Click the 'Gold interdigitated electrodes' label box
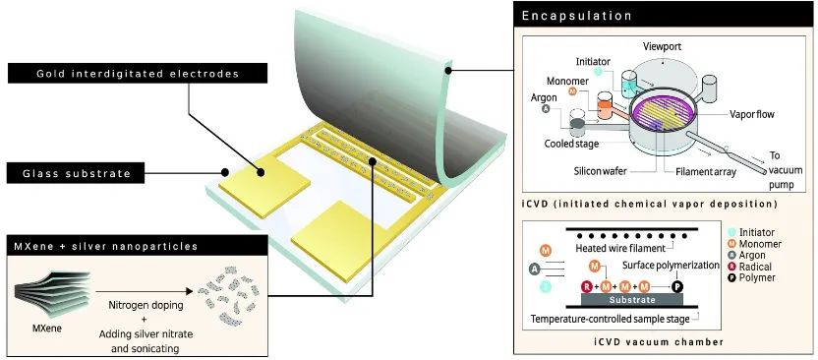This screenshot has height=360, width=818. pos(138,74)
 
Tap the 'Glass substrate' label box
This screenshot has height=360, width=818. pos(75,173)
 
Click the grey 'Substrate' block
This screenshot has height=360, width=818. pos(632,300)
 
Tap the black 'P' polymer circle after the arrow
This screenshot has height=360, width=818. pos(676,286)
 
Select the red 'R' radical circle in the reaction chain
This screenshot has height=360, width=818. pos(586,286)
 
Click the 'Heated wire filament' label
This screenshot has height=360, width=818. pos(620,247)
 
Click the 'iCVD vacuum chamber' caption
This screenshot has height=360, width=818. pos(660,342)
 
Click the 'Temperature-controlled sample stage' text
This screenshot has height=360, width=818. pos(610,319)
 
